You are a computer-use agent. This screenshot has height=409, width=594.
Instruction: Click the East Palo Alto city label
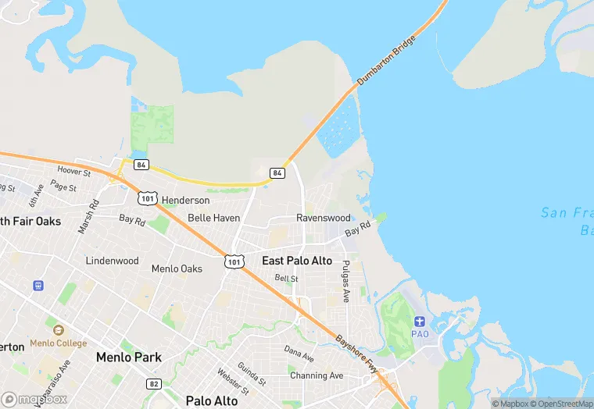297,261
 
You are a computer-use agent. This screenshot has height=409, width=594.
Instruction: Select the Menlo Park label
128,357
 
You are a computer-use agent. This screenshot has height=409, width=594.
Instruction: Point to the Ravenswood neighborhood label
324,218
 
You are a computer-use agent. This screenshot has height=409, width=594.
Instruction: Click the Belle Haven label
213,218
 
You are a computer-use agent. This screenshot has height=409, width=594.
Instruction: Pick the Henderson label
185,201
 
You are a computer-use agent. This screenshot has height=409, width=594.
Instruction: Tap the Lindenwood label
112,261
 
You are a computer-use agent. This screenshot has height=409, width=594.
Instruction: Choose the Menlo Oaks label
177,269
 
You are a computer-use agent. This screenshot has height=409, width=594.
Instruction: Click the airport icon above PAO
420,322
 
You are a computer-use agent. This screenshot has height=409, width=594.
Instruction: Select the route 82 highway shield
154,383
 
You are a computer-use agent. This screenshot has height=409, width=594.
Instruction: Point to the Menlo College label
59,343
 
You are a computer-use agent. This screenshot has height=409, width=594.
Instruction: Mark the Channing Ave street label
317,375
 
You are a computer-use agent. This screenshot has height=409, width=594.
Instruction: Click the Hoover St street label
75,172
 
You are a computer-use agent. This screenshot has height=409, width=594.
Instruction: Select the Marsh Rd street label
88,217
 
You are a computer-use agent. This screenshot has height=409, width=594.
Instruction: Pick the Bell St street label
286,278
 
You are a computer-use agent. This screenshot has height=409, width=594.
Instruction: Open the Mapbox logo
34,399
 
